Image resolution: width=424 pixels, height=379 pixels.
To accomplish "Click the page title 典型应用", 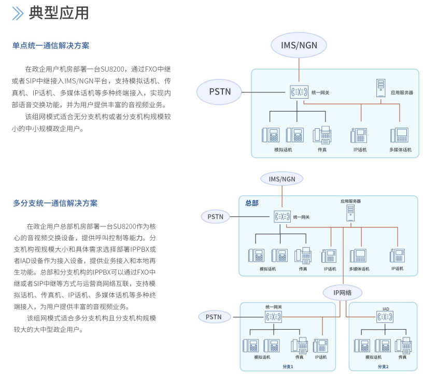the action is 59,13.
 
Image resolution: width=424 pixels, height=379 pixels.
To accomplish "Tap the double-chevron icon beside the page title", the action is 18,13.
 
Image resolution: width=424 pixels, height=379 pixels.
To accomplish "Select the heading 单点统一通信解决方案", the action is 51,46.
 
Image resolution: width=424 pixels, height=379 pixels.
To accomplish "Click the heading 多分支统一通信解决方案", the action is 55,203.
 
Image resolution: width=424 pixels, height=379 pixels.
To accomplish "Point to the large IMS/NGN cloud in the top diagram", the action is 299,45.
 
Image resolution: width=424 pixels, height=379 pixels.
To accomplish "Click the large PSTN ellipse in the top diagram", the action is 220,91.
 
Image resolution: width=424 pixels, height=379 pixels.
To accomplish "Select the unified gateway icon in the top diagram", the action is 299,92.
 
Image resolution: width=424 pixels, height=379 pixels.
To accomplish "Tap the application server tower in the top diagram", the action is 381,88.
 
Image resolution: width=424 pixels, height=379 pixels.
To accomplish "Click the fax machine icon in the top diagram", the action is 322,135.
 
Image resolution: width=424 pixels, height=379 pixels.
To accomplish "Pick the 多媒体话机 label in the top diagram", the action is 400,150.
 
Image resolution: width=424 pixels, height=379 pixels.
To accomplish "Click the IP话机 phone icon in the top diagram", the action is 359,135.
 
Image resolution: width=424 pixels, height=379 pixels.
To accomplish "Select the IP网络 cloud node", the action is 342,293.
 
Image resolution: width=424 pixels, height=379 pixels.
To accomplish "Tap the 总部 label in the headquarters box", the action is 252,203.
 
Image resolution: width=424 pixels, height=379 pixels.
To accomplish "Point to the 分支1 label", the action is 288,367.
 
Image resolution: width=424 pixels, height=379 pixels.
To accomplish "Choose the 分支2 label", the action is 383,367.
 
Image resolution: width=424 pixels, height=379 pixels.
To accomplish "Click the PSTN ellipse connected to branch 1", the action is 215,317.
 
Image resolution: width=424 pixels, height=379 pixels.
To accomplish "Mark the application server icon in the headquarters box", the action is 351,213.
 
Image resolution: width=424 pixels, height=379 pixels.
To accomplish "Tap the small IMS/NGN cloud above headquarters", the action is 282,179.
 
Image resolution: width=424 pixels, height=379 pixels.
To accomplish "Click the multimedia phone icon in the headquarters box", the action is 358,256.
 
